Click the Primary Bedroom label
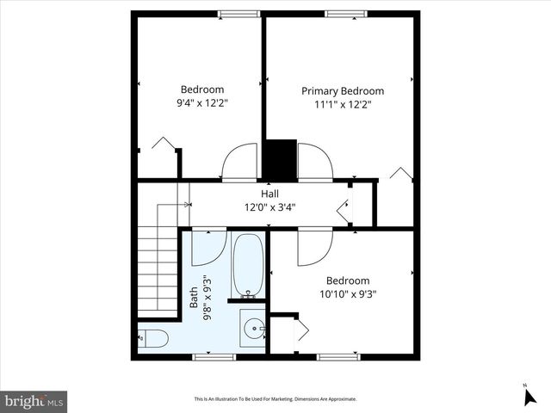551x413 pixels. [342, 90]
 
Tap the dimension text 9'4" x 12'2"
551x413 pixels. [202, 102]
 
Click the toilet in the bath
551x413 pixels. [152, 336]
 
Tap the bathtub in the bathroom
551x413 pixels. [248, 265]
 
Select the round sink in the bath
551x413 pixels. [252, 329]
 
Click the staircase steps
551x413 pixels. [158, 258]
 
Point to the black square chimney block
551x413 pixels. [279, 159]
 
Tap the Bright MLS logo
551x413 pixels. [34, 401]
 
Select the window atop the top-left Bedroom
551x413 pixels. [238, 14]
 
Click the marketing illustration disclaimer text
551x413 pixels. [275, 399]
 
